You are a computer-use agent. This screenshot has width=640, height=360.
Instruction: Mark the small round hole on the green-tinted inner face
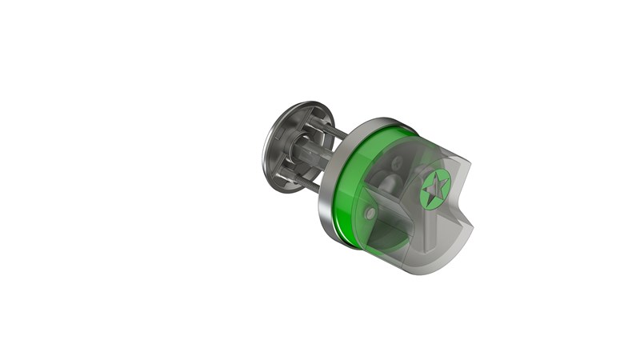(370, 214)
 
